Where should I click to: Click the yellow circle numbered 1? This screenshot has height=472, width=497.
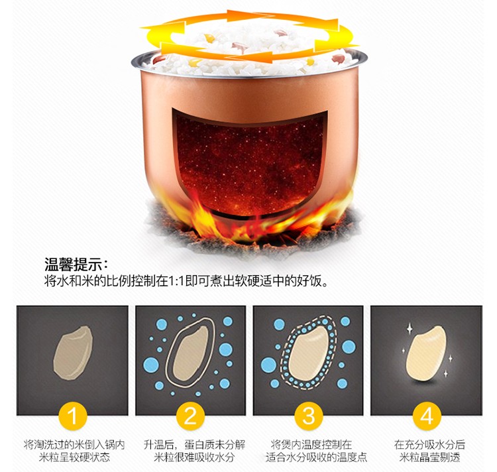[x=73, y=416]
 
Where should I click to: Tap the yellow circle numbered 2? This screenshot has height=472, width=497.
[x=190, y=416]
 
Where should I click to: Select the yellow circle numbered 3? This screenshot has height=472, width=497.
[x=308, y=416]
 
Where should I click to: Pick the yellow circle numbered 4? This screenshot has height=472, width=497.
[x=427, y=416]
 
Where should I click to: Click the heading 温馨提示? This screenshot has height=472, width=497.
[x=73, y=265]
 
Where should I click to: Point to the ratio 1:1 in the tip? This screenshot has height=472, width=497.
[x=176, y=281]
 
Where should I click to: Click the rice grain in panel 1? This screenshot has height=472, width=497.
[x=73, y=353]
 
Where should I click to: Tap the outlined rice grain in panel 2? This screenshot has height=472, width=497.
[x=190, y=353]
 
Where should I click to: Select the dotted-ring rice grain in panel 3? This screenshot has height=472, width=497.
[x=308, y=353]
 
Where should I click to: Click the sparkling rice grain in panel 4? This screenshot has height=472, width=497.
[x=426, y=353]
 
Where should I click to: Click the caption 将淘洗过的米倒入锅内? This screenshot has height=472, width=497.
[x=74, y=445]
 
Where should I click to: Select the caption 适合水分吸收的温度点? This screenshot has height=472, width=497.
[x=316, y=457]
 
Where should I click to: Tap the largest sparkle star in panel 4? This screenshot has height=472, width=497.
[x=410, y=329]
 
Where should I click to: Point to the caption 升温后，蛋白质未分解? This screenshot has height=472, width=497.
[x=195, y=445]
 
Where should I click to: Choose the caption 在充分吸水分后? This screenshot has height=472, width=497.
[x=430, y=445]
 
